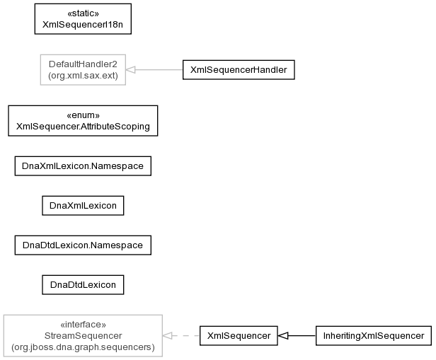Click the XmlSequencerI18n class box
[x=83, y=19]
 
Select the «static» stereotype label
[x=83, y=13]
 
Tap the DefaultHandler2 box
[x=83, y=70]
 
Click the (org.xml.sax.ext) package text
[x=83, y=76]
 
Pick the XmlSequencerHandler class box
[x=239, y=70]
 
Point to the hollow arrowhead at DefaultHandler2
[x=131, y=70]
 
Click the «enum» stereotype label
[x=83, y=115]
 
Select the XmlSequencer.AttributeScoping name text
[x=83, y=127]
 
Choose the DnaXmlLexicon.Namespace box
[x=83, y=166]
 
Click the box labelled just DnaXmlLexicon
[x=83, y=206]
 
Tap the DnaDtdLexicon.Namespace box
[x=83, y=245]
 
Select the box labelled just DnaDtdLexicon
[x=83, y=285]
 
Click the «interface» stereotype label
[x=83, y=325]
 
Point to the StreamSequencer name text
[x=83, y=336]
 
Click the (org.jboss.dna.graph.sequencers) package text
[x=83, y=347]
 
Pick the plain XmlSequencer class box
[x=239, y=336]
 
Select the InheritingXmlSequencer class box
[x=374, y=336]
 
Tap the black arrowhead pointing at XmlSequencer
[x=283, y=336]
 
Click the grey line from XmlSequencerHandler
[x=159, y=70]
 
